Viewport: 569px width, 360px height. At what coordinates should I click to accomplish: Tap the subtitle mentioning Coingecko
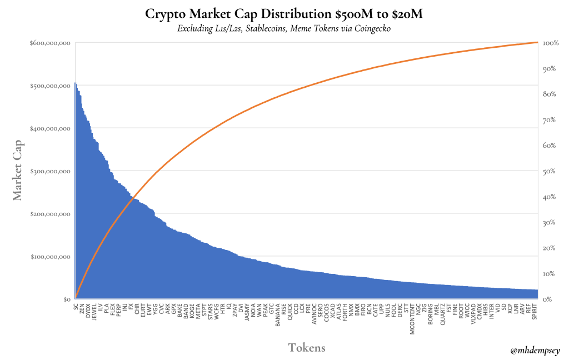click(x=284, y=29)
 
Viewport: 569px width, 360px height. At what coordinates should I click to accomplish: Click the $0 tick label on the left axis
click(x=66, y=299)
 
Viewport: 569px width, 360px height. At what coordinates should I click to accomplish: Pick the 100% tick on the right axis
click(x=550, y=43)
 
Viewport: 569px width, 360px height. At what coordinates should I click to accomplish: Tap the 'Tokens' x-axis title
click(x=306, y=348)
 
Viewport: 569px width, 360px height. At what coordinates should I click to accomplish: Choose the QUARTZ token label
click(x=442, y=312)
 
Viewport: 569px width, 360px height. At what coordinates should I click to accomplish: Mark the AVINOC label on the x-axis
click(x=315, y=312)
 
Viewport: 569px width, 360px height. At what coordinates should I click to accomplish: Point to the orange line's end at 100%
click(x=537, y=43)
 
